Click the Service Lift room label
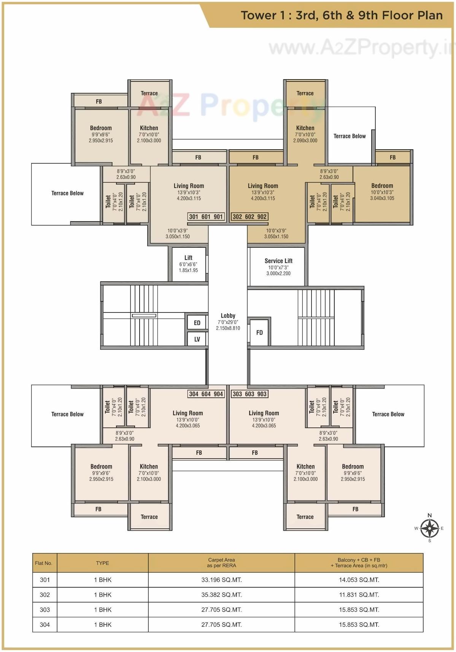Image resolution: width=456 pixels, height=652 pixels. coord(278,261)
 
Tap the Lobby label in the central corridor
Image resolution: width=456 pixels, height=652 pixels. coord(228,316)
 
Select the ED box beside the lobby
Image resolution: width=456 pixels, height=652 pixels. coord(197,323)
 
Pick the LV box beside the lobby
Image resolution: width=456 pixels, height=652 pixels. coord(197,339)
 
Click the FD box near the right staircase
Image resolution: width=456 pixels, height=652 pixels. coord(259,333)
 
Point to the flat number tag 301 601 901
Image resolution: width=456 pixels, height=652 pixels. coord(206,217)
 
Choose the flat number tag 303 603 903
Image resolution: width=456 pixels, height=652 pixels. coord(249,394)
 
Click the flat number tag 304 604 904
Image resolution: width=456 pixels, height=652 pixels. coord(206,394)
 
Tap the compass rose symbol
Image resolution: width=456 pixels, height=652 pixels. coord(429,528)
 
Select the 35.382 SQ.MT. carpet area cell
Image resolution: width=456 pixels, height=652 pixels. coord(221,595)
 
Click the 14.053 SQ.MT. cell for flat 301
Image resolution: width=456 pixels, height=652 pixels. coord(359,580)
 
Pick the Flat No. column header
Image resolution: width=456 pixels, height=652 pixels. coord(44,563)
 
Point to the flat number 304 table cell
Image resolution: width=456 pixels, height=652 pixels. coord(45,624)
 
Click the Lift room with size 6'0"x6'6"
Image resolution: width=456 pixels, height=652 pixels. coord(188,264)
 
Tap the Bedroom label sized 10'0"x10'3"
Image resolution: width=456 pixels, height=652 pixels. coord(382,186)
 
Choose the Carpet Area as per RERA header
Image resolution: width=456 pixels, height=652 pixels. coord(221,563)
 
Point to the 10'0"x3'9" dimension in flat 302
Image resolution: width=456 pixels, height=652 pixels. coord(276,231)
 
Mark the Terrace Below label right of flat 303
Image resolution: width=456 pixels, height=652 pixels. coord(388,414)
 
